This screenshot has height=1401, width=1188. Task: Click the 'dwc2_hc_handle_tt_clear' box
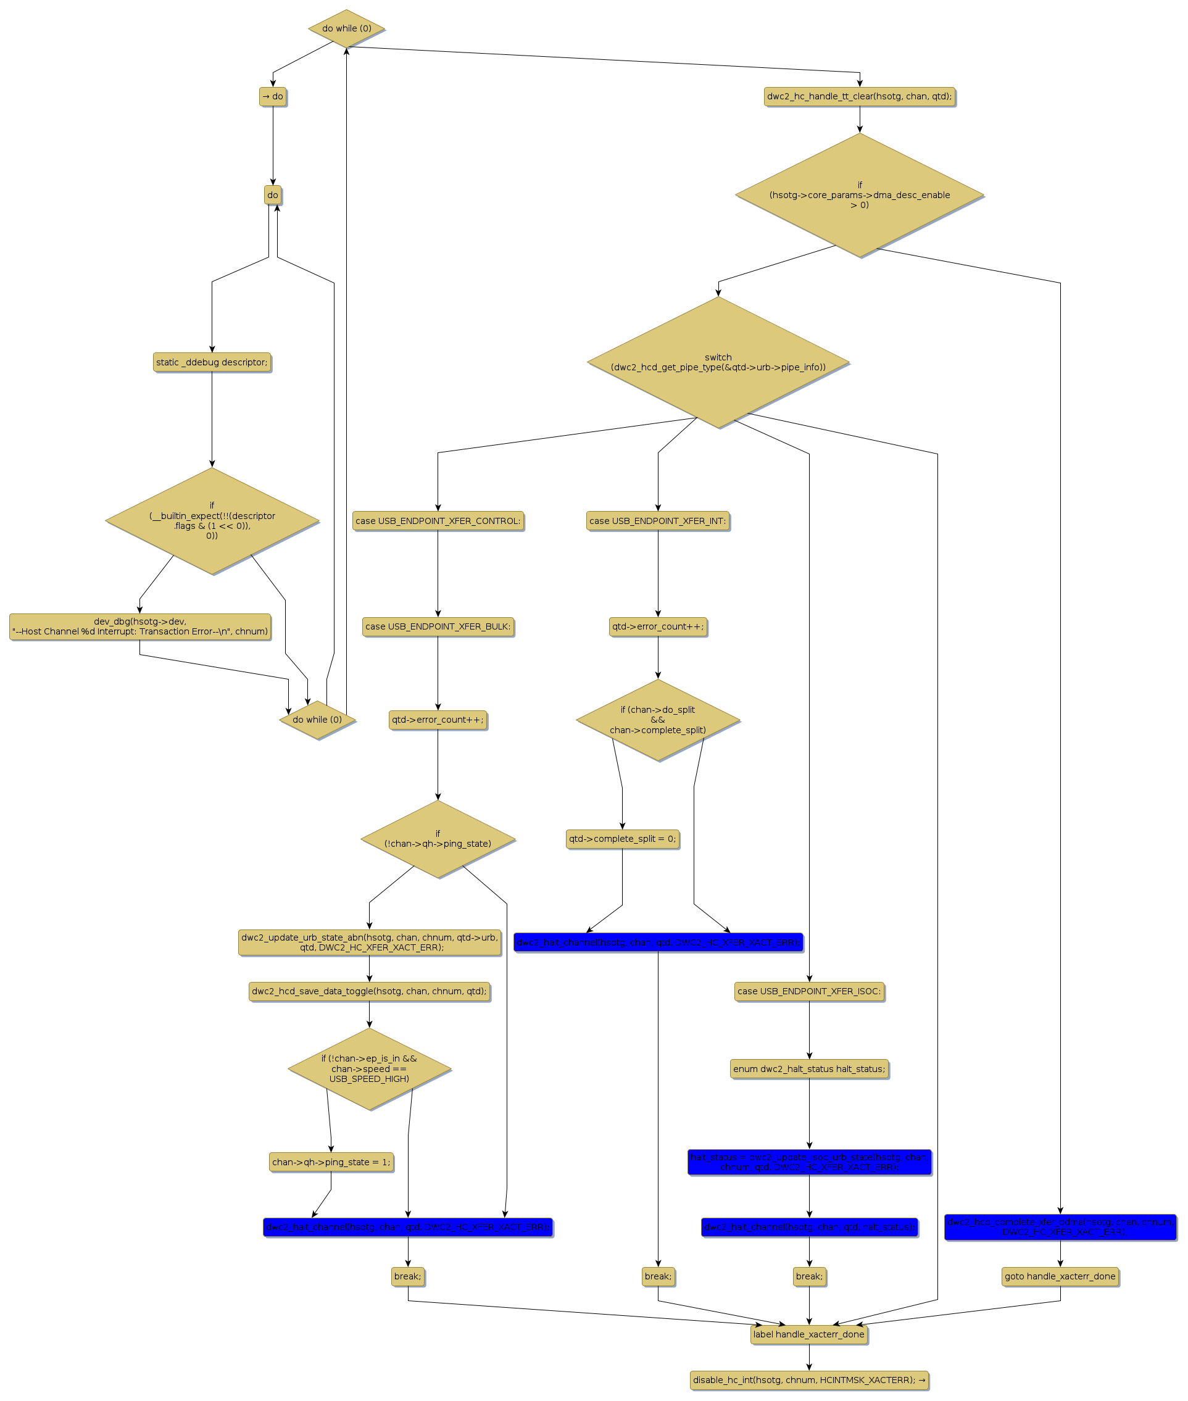click(859, 96)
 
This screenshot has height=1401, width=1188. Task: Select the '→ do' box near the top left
click(273, 96)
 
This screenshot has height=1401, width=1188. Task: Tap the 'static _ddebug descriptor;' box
click(212, 362)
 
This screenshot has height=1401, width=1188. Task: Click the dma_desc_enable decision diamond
click(859, 194)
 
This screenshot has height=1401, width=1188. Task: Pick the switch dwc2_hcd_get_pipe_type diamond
click(718, 362)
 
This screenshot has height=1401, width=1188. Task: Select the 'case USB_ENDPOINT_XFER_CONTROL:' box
click(438, 521)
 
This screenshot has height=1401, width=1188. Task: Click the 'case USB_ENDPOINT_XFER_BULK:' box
click(438, 626)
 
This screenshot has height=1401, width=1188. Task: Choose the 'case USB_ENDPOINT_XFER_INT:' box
click(657, 521)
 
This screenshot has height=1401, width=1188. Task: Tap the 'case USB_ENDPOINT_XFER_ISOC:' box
click(809, 991)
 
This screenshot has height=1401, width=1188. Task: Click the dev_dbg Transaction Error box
click(140, 626)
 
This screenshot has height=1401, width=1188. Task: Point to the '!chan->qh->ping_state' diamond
click(438, 839)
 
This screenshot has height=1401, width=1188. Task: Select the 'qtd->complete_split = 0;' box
click(622, 839)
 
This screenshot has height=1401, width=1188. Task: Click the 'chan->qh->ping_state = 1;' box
click(331, 1162)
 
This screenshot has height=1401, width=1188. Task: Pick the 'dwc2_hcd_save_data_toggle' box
click(369, 991)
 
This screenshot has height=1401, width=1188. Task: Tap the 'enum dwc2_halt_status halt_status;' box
click(809, 1069)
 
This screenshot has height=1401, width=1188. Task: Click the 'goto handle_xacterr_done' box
click(1060, 1276)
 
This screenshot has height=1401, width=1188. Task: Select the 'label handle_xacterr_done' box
click(809, 1334)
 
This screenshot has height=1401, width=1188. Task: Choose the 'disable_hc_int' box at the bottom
click(809, 1380)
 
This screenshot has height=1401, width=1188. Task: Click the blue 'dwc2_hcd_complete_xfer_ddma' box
click(1060, 1226)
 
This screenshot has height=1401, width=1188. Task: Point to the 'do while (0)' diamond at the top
click(346, 28)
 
